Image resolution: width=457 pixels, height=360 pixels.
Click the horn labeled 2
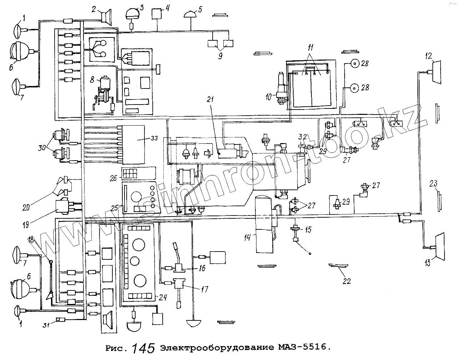pos(106,17)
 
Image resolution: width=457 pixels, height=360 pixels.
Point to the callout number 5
pos(200,9)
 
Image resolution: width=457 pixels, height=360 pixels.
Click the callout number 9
pos(220,56)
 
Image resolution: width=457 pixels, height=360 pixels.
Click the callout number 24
pos(163,298)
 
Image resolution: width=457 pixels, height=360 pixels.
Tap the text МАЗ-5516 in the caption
pos(301,347)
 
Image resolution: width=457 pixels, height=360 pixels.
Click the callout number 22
pos(346,281)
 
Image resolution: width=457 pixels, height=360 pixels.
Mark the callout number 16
pos(202,268)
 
